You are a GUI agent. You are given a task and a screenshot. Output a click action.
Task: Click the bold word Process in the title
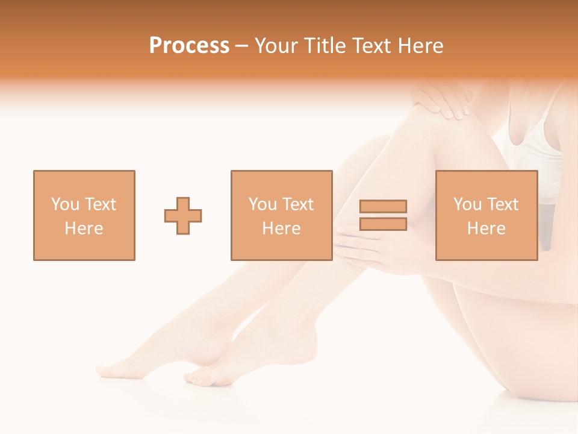(189, 46)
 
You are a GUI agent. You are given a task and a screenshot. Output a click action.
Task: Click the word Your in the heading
(278, 46)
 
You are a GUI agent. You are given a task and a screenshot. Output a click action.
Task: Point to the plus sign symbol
(183, 216)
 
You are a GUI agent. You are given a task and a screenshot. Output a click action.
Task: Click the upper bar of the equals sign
(383, 206)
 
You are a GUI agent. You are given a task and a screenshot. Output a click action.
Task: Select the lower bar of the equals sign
(383, 224)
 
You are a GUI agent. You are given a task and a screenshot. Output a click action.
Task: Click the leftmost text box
(84, 215)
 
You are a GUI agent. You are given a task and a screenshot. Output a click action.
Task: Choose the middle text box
(281, 215)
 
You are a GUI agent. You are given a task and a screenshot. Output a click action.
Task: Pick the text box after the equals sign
(486, 215)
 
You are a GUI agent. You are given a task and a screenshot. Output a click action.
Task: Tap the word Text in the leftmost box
(100, 204)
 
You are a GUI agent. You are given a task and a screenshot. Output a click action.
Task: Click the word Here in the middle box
(281, 228)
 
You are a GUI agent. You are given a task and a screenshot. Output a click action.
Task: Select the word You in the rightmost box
(467, 204)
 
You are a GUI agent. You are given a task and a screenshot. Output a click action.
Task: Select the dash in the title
(242, 46)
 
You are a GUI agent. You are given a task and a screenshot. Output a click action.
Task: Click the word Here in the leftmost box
(84, 228)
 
